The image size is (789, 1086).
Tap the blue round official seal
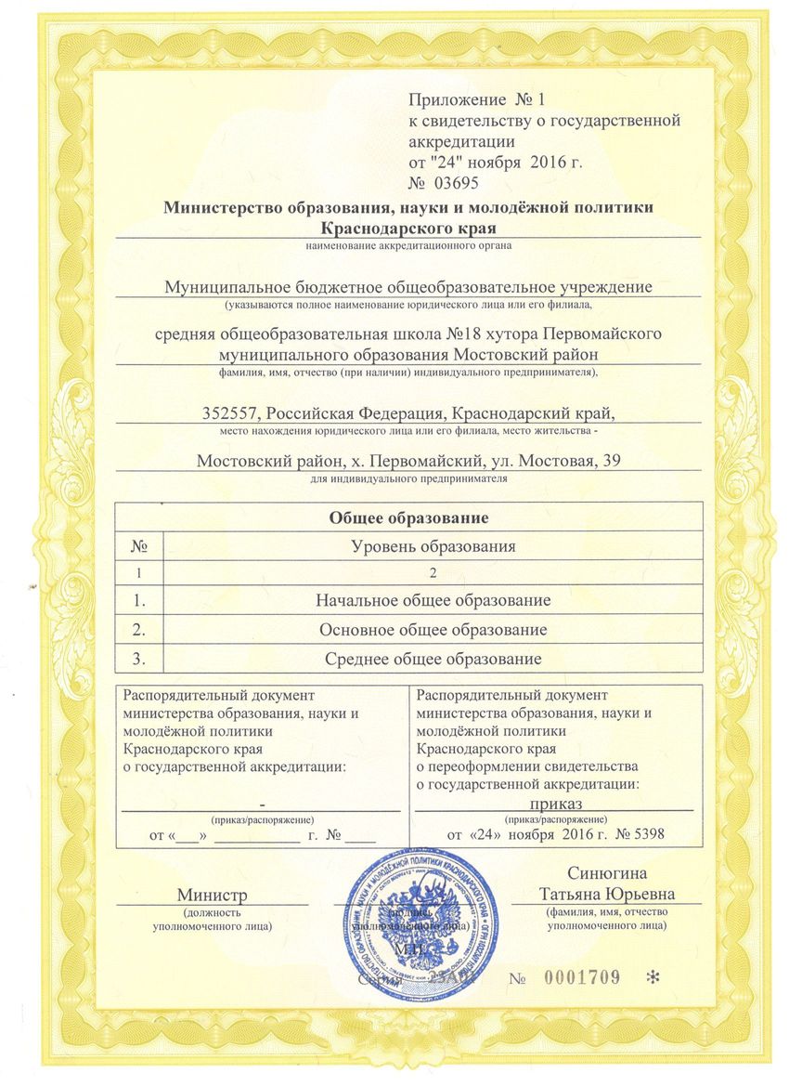point(420,929)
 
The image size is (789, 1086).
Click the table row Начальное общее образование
point(433,600)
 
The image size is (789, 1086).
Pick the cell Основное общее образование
point(433,630)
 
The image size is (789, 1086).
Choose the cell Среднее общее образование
point(433,659)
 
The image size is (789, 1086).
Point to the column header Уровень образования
point(433,545)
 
